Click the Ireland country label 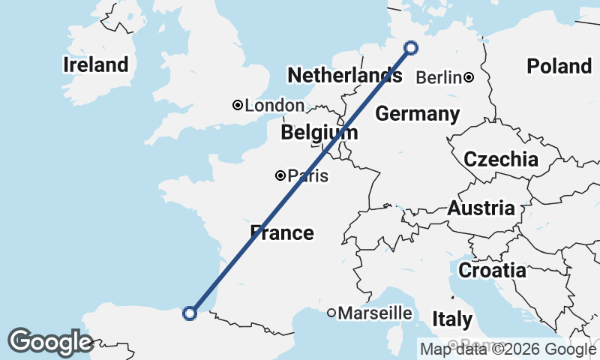[96, 64]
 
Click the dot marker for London [238, 106]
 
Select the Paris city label [308, 176]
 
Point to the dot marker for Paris [280, 175]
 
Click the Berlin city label [439, 77]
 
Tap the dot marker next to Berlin [469, 76]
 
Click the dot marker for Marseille [331, 313]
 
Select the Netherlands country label [344, 75]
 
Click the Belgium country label [319, 133]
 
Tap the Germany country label [417, 114]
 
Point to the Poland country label [559, 66]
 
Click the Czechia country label [500, 159]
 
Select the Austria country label [481, 208]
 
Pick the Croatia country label [492, 270]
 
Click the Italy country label [452, 319]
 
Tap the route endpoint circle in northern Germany [411, 48]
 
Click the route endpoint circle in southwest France [190, 313]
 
